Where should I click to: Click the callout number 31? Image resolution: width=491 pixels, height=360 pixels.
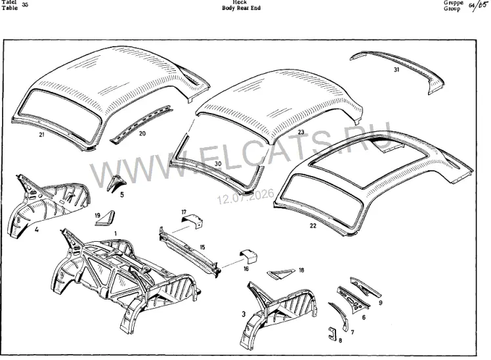click(396, 70)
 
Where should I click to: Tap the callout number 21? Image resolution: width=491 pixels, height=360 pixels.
click(41, 135)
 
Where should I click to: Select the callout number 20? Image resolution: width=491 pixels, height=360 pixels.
click(142, 134)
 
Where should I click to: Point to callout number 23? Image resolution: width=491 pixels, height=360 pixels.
click(301, 132)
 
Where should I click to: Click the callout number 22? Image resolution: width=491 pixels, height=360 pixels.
click(313, 225)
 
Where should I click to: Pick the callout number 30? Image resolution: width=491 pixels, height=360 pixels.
click(218, 164)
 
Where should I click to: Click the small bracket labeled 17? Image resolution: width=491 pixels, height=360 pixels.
click(193, 221)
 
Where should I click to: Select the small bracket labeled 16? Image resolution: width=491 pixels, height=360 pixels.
click(249, 256)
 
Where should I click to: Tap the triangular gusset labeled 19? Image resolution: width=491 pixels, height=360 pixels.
click(105, 218)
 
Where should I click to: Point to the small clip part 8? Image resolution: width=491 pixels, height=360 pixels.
click(331, 333)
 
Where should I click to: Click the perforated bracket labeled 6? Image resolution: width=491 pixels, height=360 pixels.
click(353, 299)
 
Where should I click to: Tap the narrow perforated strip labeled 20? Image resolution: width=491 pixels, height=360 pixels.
click(142, 123)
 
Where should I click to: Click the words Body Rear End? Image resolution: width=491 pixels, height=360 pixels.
click(241, 8)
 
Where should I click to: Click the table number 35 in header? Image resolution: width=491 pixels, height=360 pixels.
click(25, 5)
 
